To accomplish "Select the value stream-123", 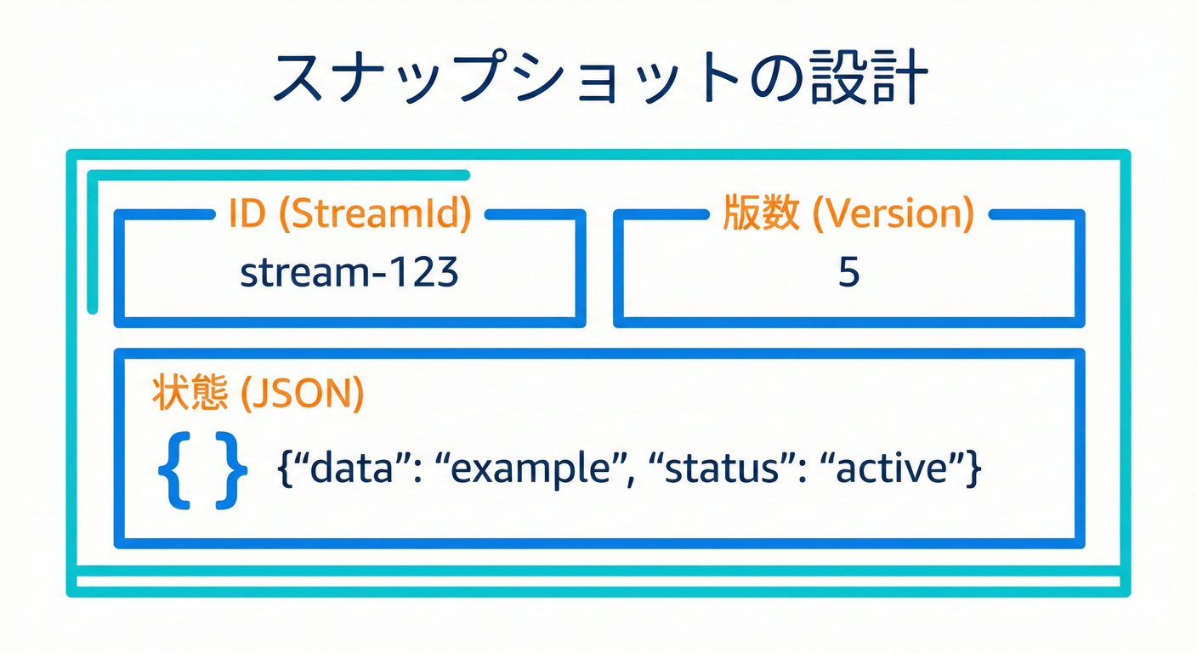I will click(x=349, y=273).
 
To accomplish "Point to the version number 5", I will click(x=848, y=273).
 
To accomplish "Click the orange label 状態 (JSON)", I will click(x=257, y=395).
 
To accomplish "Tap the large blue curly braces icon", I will click(x=203, y=470).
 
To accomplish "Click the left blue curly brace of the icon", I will click(x=175, y=470).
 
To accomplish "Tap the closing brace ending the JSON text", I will click(x=973, y=470).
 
